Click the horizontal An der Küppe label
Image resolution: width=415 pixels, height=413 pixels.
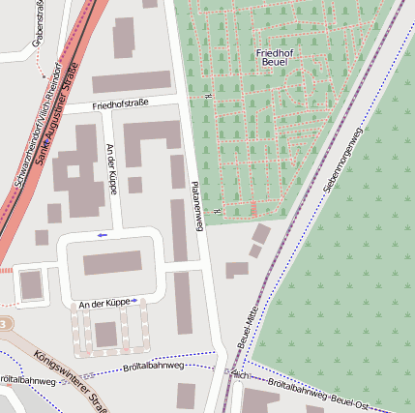tap(104, 302)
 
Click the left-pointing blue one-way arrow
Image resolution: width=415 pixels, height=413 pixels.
tap(102, 235)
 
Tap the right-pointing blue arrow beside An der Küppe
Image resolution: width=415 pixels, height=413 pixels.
tap(136, 301)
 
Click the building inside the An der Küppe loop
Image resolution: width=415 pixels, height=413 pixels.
tap(112, 263)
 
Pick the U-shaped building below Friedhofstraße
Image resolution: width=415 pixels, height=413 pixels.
tap(150, 145)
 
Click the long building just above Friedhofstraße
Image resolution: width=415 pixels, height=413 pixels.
tap(131, 82)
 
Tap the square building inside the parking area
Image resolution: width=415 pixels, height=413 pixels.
tap(105, 334)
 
